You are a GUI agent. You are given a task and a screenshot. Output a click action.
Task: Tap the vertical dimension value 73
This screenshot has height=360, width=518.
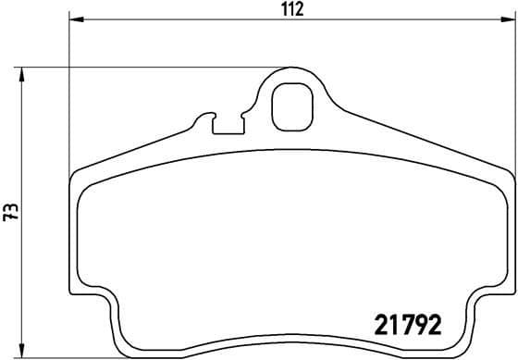click(9, 212)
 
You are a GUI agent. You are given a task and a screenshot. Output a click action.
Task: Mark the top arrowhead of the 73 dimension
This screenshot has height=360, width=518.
click(23, 72)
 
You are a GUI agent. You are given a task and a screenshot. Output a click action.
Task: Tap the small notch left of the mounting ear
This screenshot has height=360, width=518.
click(225, 123)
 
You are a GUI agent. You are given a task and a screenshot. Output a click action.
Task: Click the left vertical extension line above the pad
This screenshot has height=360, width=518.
click(70, 93)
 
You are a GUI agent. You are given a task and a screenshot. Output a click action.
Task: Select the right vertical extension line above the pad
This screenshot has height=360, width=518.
click(511, 93)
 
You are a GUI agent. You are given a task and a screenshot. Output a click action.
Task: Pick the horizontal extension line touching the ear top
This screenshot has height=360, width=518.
click(148, 67)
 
